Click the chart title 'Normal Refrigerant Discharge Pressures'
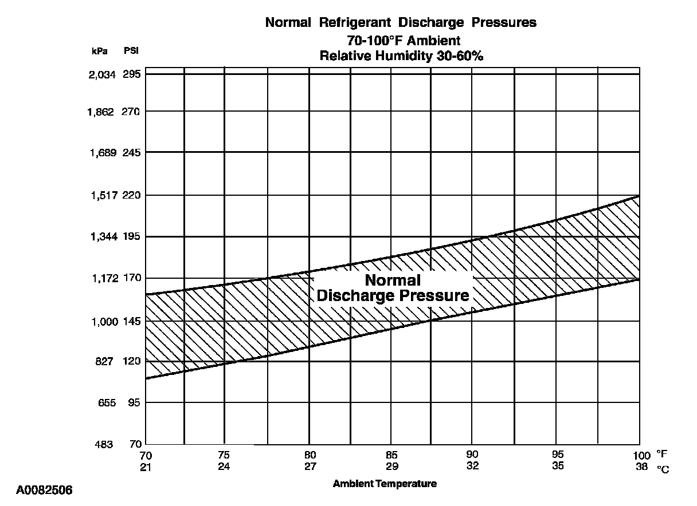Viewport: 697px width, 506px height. click(401, 23)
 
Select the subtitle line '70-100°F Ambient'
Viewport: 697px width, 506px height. click(404, 41)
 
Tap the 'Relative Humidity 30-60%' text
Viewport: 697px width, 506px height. click(404, 56)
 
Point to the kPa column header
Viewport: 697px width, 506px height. click(100, 50)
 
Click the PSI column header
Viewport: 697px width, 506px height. click(131, 50)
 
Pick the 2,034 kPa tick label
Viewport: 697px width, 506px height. click(103, 74)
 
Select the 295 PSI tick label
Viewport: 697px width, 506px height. click(131, 74)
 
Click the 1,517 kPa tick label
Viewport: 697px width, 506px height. click(103, 195)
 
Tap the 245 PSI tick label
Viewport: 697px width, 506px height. click(131, 153)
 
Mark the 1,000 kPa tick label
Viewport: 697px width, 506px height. click(104, 322)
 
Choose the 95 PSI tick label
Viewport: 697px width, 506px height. click(134, 403)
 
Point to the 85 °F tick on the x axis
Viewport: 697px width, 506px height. click(392, 455)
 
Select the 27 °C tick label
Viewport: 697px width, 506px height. click(310, 465)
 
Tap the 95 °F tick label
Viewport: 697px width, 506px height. click(558, 455)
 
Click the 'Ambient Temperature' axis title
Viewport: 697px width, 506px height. click(385, 484)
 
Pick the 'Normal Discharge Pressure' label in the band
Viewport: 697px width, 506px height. click(393, 288)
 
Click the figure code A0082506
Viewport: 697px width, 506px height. click(44, 490)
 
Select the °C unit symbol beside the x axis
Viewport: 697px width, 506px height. click(663, 468)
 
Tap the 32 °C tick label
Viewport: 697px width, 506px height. click(472, 465)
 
